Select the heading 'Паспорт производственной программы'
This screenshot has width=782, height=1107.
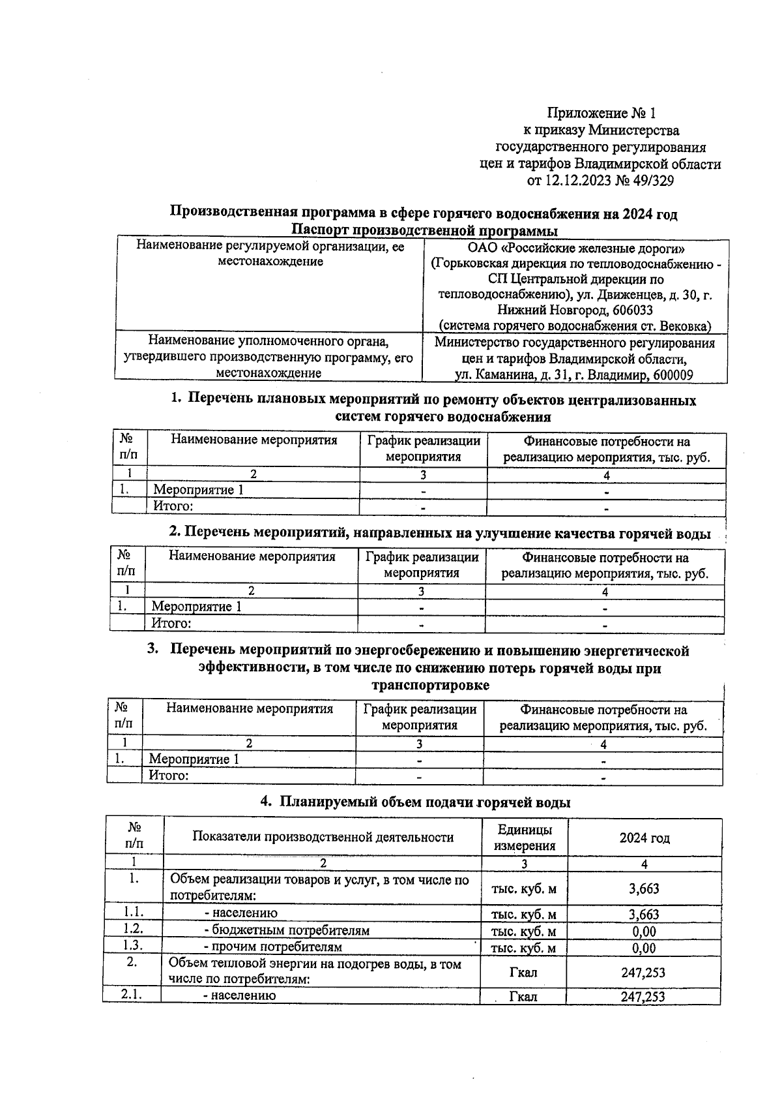(x=424, y=231)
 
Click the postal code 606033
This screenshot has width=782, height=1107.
(x=626, y=311)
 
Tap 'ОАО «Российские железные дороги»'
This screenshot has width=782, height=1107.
(x=576, y=249)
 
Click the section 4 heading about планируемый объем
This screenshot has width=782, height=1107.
(x=415, y=802)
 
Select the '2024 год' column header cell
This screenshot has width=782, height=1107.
(x=644, y=838)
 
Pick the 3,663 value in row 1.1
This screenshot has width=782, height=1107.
(x=644, y=915)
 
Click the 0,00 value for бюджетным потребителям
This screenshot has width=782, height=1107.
(x=644, y=932)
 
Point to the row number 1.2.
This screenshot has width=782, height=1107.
(x=133, y=930)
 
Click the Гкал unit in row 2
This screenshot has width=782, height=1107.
(x=523, y=973)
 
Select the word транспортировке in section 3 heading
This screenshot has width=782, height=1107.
(x=429, y=686)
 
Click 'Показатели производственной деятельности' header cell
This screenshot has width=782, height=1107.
(x=323, y=838)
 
